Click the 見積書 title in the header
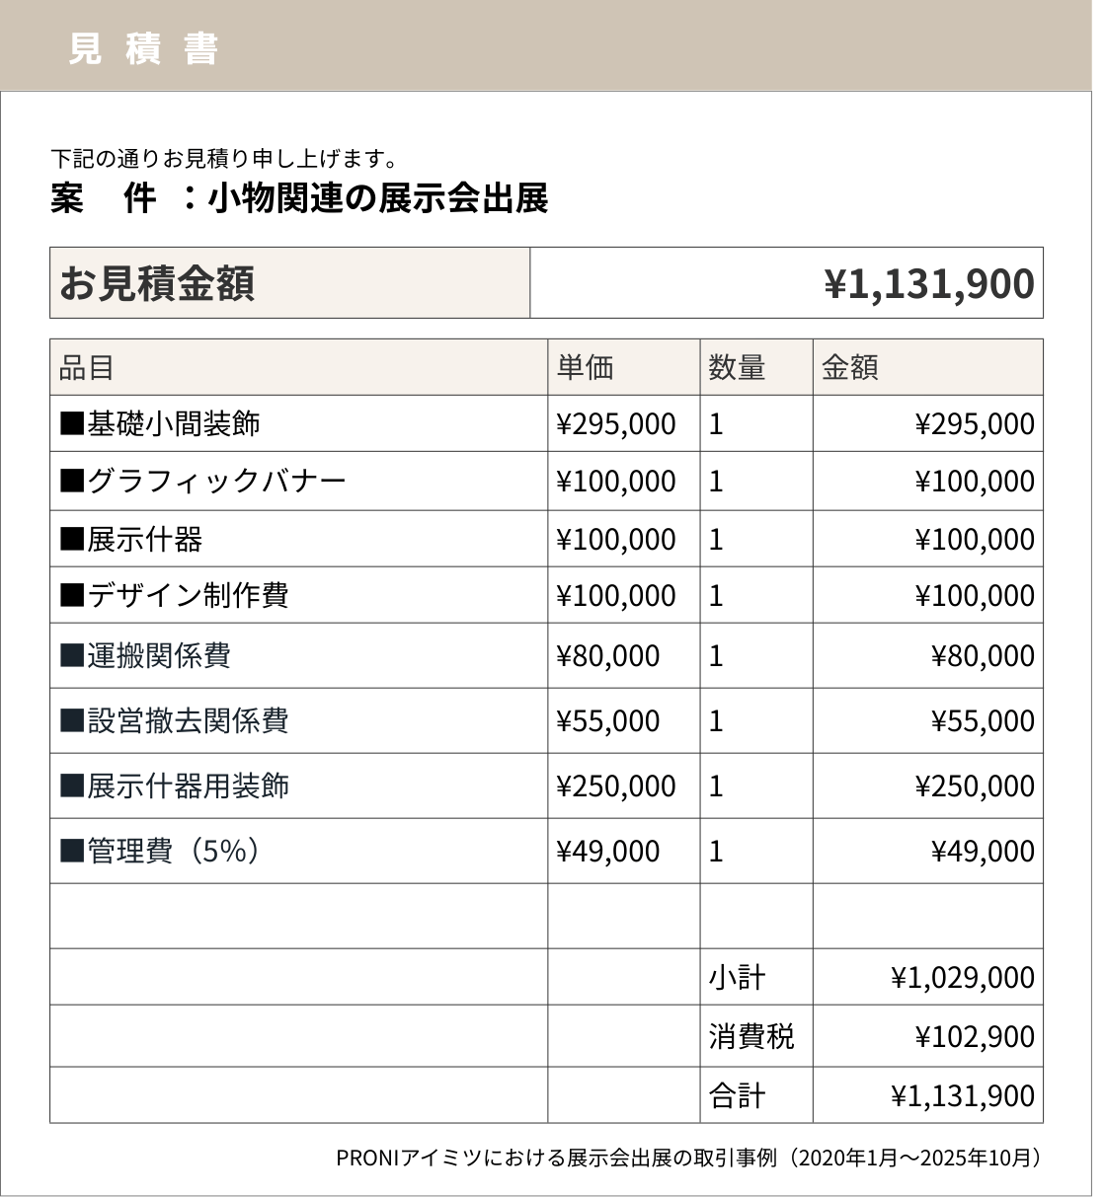(143, 48)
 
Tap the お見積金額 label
(157, 283)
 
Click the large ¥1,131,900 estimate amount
(929, 284)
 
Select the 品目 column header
(87, 368)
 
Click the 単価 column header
(585, 368)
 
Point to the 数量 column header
(737, 368)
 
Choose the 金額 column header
(849, 368)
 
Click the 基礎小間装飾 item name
(173, 424)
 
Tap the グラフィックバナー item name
(215, 482)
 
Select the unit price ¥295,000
(616, 424)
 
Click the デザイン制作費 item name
(188, 596)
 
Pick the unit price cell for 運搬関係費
(608, 656)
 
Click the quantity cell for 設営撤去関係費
(717, 721)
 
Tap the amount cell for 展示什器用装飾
(975, 786)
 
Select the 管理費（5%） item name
(174, 851)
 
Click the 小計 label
(737, 978)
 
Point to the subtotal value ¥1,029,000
(963, 978)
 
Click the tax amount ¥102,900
(975, 1037)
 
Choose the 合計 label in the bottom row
(737, 1096)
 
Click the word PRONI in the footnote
(365, 1158)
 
